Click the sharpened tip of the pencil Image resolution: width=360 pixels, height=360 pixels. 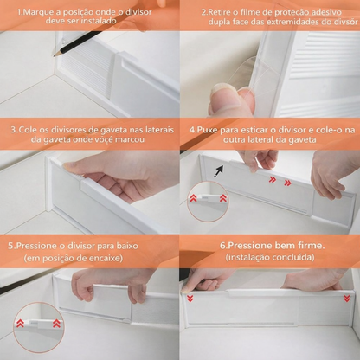pos(54,56)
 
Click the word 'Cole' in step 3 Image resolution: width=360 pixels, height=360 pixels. pos(27,130)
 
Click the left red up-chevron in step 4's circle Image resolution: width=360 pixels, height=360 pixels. pos(193,198)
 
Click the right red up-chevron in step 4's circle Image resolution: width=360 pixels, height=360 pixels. pos(223,198)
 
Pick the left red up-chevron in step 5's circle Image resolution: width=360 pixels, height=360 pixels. pos(20,323)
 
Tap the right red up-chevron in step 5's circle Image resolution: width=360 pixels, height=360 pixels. pos(56,323)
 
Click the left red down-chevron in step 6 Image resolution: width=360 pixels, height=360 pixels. pos(190,299)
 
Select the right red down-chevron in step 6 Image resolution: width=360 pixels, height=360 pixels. pos(347,299)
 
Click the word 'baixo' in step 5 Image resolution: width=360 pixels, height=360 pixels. pos(127,246)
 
